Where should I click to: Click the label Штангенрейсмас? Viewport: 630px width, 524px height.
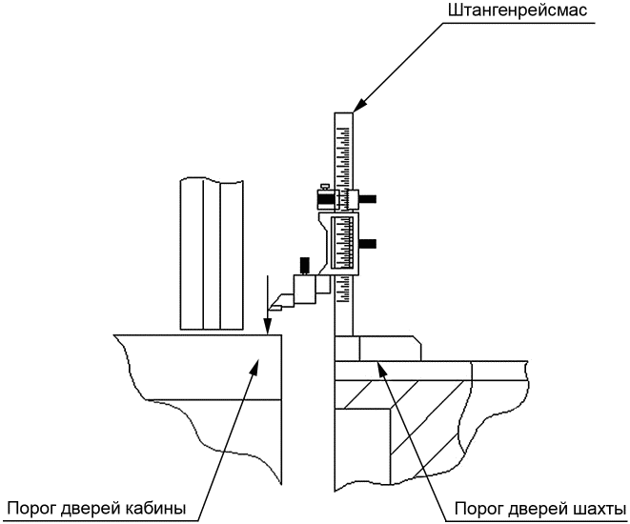point(518,10)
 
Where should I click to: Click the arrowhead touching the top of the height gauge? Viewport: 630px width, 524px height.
point(359,105)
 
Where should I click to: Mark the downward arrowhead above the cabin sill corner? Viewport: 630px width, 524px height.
point(267,325)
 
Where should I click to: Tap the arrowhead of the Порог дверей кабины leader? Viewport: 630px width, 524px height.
point(254,366)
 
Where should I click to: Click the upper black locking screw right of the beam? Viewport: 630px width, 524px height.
point(367,198)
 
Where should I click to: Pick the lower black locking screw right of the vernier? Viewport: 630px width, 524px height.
point(367,243)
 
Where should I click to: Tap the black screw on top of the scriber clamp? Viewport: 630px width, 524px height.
point(305,264)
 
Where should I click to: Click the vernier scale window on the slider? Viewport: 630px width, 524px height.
point(342,242)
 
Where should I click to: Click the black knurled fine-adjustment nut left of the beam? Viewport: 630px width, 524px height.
point(325,198)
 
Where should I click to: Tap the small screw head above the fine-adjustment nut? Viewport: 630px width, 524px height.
point(325,187)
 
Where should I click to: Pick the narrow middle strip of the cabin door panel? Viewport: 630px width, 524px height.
point(212,255)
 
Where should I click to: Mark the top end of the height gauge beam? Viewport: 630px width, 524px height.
point(343,113)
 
